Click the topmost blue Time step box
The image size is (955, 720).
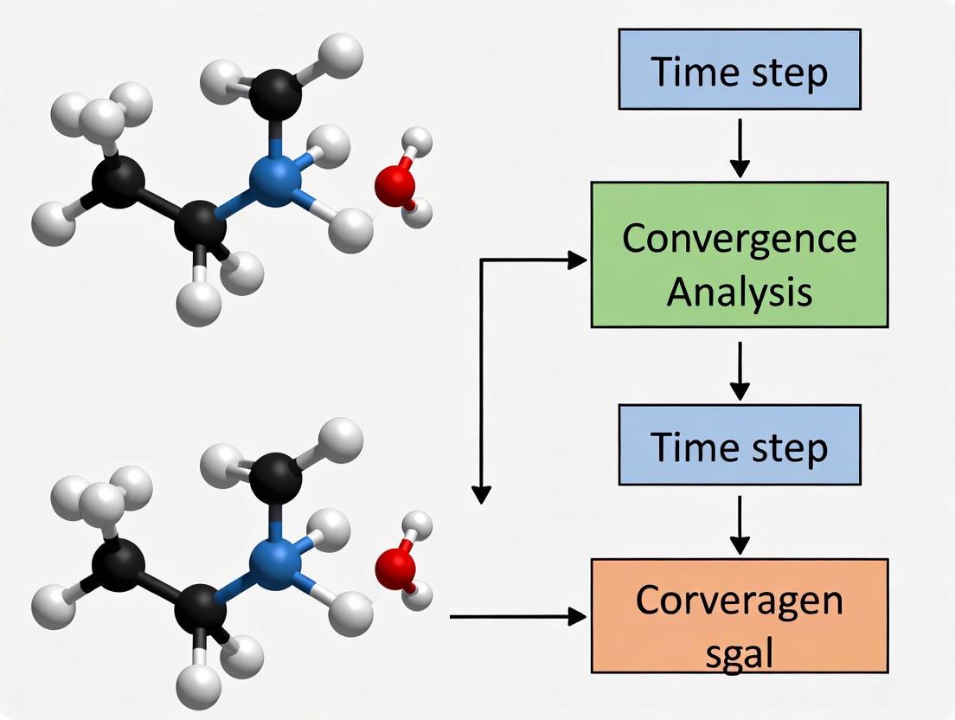pyautogui.click(x=740, y=69)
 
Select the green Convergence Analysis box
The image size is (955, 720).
pyautogui.click(x=740, y=254)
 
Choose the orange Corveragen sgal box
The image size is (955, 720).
pyautogui.click(x=740, y=615)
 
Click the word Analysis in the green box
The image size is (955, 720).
pyautogui.click(x=740, y=292)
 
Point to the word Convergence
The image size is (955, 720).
pyautogui.click(x=740, y=239)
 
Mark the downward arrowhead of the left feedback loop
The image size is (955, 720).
pyautogui.click(x=482, y=494)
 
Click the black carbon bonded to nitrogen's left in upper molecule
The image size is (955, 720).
pyautogui.click(x=201, y=226)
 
